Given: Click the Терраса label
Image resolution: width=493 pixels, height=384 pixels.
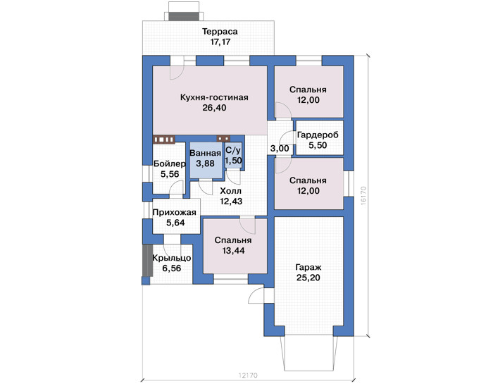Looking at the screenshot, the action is click(220, 32).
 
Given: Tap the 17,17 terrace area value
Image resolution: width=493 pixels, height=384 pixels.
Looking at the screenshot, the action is click(220, 42).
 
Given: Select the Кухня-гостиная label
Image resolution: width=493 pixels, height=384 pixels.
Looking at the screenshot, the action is click(214, 97).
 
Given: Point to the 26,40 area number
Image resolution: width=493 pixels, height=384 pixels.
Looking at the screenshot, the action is click(214, 108).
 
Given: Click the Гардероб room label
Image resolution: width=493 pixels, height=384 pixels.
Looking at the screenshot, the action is click(318, 135).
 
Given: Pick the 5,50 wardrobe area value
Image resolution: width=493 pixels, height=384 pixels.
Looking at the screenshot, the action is click(318, 145).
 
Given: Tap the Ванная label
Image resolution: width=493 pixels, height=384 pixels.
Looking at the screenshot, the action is click(206, 153).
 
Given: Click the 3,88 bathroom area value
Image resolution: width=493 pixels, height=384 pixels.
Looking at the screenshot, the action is click(206, 163).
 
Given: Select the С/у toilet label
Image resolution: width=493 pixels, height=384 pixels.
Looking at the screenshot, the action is click(233, 150).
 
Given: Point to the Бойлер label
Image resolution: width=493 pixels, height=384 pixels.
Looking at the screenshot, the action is click(170, 164).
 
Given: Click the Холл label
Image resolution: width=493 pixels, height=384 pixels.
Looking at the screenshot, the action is click(231, 191).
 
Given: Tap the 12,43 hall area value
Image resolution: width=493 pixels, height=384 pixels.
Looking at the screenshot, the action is click(231, 202).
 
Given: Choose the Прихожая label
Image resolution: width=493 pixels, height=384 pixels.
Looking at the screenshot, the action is click(174, 213).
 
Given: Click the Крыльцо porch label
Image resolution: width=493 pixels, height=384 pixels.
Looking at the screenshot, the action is click(172, 258).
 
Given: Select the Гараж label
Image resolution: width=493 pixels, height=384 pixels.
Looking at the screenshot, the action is click(308, 268).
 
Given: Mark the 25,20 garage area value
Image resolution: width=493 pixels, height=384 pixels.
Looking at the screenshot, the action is click(308, 278).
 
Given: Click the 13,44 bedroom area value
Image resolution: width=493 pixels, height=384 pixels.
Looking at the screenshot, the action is click(233, 251).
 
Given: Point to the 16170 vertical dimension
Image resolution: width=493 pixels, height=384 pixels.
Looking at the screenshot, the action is click(363, 196).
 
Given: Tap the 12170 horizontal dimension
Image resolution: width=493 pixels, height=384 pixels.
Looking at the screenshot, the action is click(248, 376).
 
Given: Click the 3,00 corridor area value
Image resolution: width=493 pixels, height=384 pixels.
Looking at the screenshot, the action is click(280, 149).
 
